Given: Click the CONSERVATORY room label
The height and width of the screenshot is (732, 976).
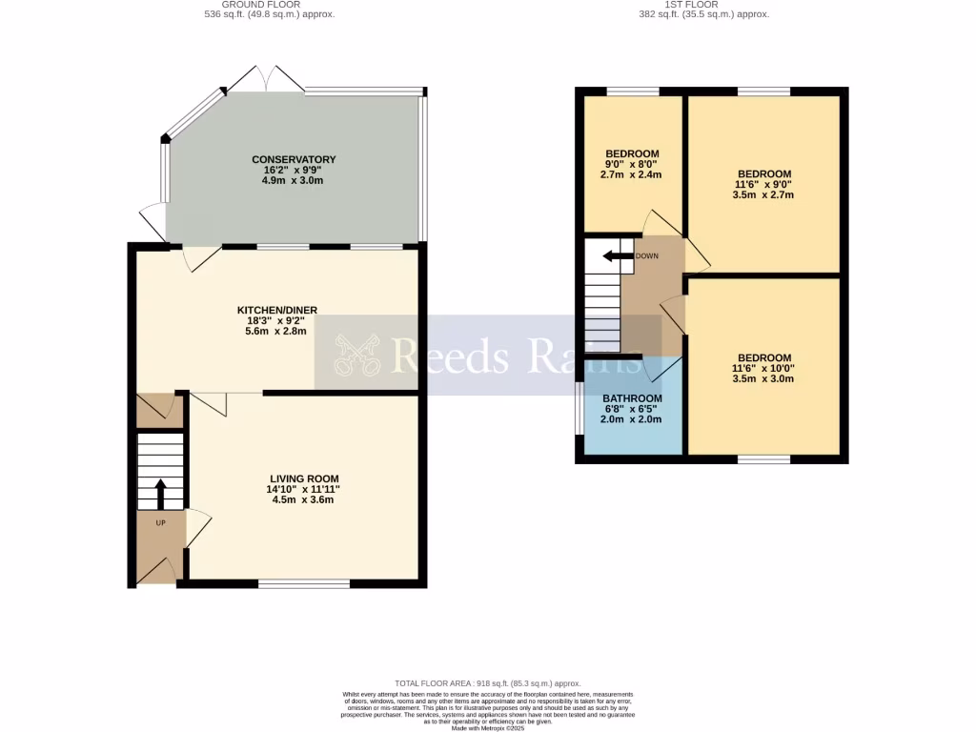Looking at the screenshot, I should [x=294, y=159].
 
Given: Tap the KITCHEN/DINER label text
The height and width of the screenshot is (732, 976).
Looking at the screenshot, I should [x=276, y=310].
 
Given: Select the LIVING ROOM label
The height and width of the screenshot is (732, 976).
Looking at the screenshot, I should [x=303, y=478].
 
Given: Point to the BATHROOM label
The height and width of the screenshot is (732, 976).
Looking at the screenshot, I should [x=632, y=398].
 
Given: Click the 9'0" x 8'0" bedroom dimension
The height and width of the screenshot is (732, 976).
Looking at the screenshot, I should [x=632, y=164].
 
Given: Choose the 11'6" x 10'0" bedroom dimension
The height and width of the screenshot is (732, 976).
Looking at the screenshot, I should [x=763, y=368].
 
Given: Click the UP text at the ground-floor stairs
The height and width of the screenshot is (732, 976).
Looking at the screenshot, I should [x=160, y=523].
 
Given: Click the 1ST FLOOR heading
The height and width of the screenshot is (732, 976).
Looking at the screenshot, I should [x=703, y=5].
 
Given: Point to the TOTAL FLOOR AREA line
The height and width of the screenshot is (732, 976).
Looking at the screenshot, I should [x=488, y=683].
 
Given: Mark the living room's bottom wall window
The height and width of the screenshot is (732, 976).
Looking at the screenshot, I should [x=303, y=582].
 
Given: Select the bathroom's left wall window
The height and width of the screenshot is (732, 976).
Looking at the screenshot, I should [x=579, y=409].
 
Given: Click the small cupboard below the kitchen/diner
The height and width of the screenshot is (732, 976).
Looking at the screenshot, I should [x=159, y=410].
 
